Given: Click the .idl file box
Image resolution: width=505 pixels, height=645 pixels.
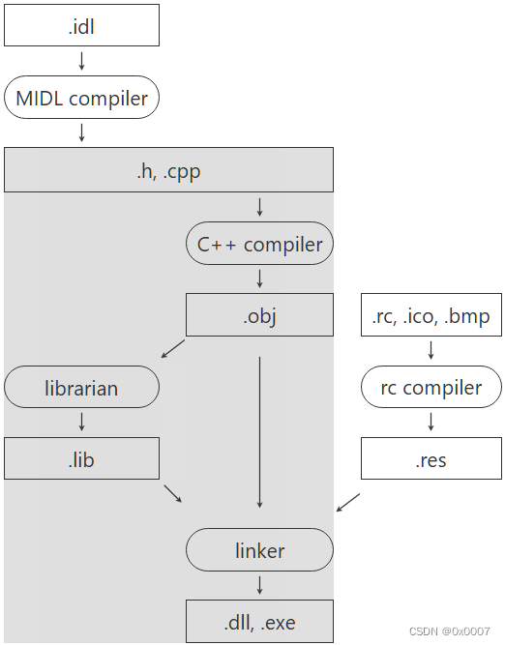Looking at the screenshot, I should (x=81, y=25).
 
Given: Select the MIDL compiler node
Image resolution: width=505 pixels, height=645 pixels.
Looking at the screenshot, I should (x=81, y=98).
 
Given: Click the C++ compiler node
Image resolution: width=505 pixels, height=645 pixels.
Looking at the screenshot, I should (x=259, y=244).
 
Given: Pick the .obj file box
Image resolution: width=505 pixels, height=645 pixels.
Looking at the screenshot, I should (x=259, y=315).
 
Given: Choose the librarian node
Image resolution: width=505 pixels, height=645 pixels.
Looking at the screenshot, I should (x=81, y=388).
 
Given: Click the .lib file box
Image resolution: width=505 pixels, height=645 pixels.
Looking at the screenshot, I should (x=81, y=459).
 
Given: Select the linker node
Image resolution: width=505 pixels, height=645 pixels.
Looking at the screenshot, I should (x=259, y=550).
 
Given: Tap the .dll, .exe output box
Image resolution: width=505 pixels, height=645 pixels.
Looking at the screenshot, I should (x=259, y=622).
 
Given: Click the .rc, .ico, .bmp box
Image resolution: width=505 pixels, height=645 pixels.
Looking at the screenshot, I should (x=431, y=315).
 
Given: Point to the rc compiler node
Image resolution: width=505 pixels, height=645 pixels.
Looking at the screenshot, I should (x=431, y=388).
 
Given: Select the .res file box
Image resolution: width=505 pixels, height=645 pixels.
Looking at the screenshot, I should (x=431, y=459).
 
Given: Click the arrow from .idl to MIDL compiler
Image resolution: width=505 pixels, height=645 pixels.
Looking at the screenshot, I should (x=81, y=61).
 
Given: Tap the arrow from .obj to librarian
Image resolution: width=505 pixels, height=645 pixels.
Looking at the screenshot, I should (x=173, y=348).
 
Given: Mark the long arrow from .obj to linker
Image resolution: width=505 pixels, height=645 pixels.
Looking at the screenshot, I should (x=259, y=430).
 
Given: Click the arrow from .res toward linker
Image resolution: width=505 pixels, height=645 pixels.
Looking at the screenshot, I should (x=348, y=502).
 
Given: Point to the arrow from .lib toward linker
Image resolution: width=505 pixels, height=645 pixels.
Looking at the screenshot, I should (x=172, y=493).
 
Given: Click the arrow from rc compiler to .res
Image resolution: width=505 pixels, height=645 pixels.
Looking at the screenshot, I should (x=431, y=424).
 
